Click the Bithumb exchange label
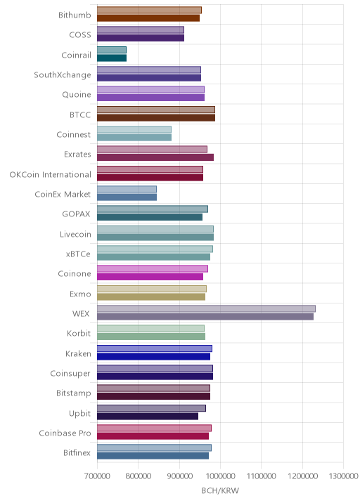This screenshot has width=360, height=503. pyautogui.click(x=75, y=15)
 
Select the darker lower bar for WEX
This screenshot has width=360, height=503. pyautogui.click(x=205, y=317)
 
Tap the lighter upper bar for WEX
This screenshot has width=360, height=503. pyautogui.click(x=206, y=308)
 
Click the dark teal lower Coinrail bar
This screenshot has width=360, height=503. pyautogui.click(x=112, y=58)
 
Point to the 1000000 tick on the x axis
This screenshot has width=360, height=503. pyautogui.click(x=220, y=476)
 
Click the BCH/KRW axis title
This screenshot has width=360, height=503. pyautogui.click(x=220, y=490)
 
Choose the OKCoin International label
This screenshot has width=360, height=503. pyautogui.click(x=51, y=174)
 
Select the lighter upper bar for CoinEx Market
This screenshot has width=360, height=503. pyautogui.click(x=127, y=189)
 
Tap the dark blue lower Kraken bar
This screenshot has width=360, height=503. pyautogui.click(x=153, y=356)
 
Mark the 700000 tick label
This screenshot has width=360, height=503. pyautogui.click(x=97, y=476)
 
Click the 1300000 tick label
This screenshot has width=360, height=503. pyautogui.click(x=343, y=476)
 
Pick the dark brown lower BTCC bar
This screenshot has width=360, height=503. pyautogui.click(x=156, y=118)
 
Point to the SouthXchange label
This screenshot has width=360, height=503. pyautogui.click(x=63, y=74)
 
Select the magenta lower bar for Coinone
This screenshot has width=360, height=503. pyautogui.click(x=150, y=277)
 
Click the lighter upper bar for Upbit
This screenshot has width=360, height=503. pyautogui.click(x=152, y=408)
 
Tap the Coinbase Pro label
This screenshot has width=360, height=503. pyautogui.click(x=65, y=433)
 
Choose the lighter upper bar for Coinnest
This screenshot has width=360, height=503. pyautogui.click(x=134, y=129)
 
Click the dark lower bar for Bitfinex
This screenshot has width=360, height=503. pyautogui.click(x=153, y=456)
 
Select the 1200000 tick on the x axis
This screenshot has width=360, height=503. pyautogui.click(x=302, y=476)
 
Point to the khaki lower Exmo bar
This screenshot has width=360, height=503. pyautogui.click(x=151, y=296)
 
